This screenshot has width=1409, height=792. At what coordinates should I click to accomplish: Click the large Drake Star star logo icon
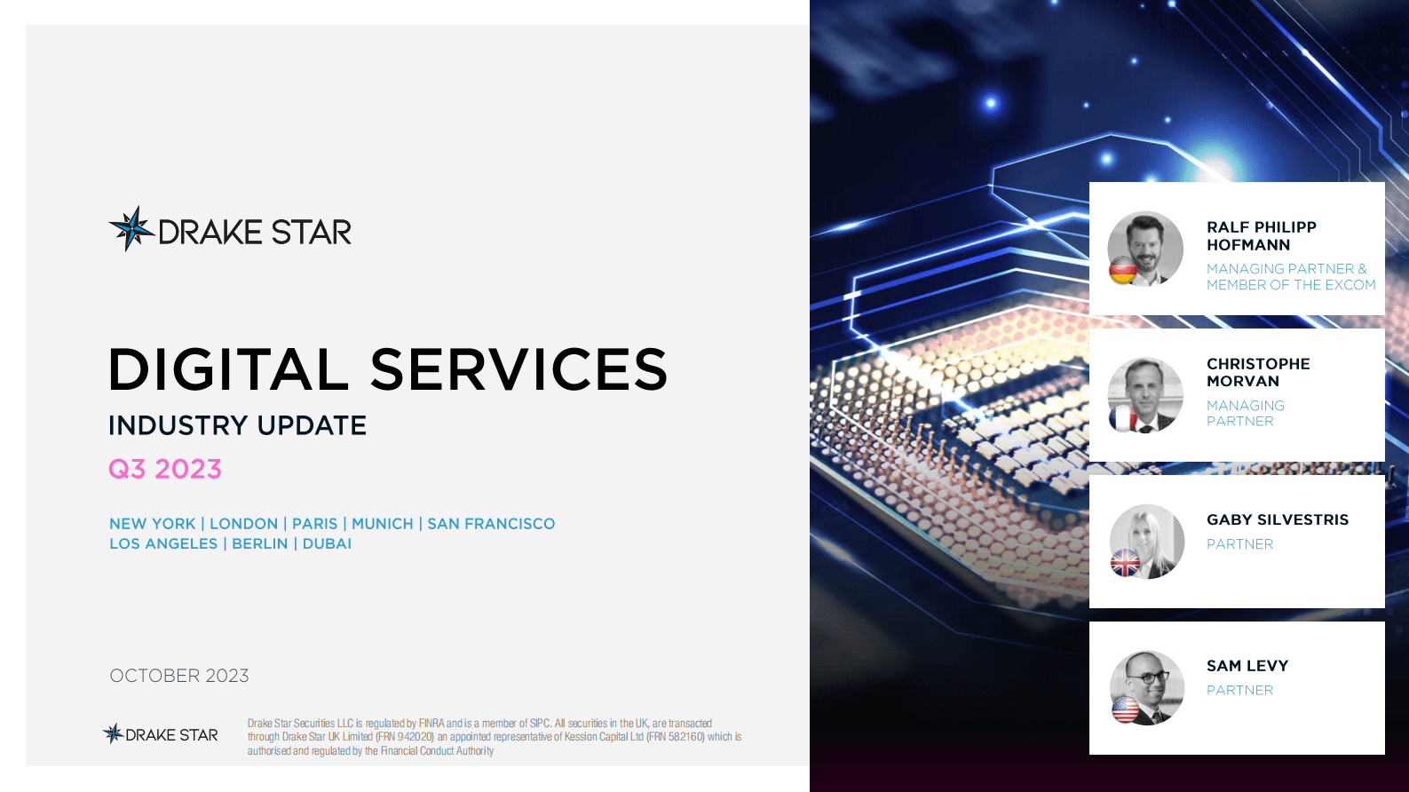pos(131,229)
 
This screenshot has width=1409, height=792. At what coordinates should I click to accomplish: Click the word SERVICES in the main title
pos(518,369)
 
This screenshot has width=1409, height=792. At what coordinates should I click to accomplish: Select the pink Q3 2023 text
pos(165,470)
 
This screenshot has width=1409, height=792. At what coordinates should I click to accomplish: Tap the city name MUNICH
pos(383,523)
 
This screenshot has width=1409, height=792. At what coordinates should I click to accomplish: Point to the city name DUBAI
pos(327,543)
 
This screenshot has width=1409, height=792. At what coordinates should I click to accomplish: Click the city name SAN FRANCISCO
pos(491,523)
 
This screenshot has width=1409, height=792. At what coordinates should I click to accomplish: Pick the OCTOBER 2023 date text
pos(179,676)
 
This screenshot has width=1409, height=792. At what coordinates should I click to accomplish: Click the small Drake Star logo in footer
pos(161,734)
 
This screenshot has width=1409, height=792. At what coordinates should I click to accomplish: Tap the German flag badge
pos(1123,271)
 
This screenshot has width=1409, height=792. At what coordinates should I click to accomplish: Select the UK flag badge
pos(1125,563)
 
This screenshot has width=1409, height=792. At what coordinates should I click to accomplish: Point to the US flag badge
pos(1125,709)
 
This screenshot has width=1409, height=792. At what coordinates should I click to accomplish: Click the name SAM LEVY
pos(1247,666)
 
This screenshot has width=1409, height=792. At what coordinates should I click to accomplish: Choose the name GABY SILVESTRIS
pos(1278,519)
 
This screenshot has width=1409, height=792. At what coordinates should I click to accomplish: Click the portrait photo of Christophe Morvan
pos(1145,395)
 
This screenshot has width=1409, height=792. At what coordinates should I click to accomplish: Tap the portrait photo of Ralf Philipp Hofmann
pos(1145,249)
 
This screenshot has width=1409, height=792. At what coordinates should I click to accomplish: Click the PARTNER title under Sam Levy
pos(1239,690)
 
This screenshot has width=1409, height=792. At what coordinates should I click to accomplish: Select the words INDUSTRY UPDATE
pos(238,426)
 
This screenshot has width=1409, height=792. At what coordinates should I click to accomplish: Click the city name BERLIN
pos(260,543)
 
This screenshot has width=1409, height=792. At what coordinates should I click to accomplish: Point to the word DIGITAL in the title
pos(228,369)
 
